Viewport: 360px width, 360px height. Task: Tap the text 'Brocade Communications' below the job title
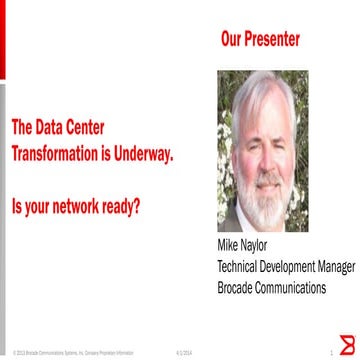point(271,287)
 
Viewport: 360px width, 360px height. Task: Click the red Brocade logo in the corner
point(348,347)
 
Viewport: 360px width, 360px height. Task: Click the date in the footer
point(183,353)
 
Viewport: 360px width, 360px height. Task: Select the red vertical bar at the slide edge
point(3,40)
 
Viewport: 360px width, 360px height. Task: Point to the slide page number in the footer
point(330,353)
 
